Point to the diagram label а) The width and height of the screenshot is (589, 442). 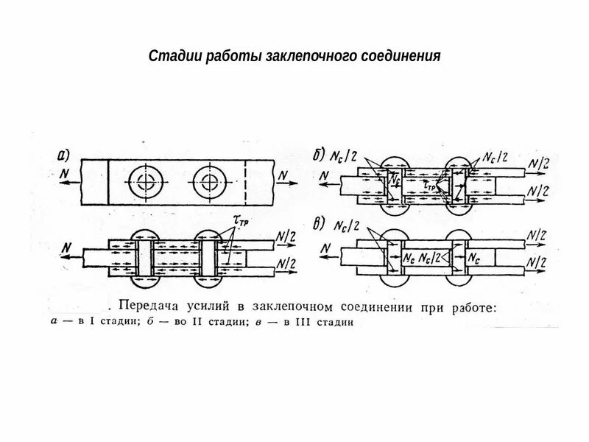coord(63,155)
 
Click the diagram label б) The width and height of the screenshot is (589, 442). coord(319,155)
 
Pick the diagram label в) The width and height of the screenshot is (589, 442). coord(319,225)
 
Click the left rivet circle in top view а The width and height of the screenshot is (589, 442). coord(142,181)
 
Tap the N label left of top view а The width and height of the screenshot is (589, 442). coord(63,175)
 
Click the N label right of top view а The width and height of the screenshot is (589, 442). coord(283,175)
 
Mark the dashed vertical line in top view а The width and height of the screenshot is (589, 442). coord(243,181)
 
